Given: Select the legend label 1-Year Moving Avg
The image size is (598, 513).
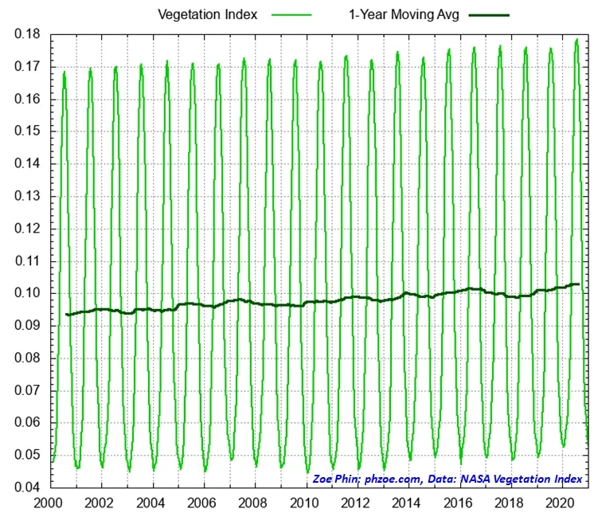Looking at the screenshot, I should pyautogui.click(x=393, y=14).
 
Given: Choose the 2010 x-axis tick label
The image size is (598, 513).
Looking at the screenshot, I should pyautogui.click(x=303, y=503).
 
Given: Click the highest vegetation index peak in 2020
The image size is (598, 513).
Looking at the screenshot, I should pyautogui.click(x=577, y=39).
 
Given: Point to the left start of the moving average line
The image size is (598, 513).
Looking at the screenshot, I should pyautogui.click(x=67, y=315).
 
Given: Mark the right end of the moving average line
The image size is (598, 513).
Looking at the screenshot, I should pyautogui.click(x=578, y=284).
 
